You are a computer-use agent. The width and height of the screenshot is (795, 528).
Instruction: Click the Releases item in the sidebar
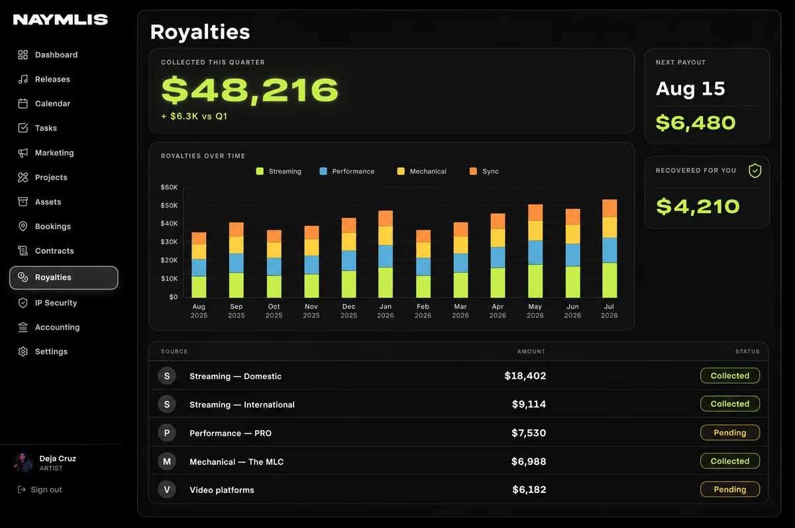pyautogui.click(x=44, y=79)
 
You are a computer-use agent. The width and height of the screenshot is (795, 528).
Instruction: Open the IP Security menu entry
pyautogui.click(x=47, y=303)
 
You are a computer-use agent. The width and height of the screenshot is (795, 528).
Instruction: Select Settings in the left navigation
pyautogui.click(x=42, y=351)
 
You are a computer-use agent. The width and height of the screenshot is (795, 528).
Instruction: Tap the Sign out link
pyautogui.click(x=40, y=490)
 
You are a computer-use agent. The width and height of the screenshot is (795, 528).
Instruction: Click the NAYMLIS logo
pyautogui.click(x=60, y=19)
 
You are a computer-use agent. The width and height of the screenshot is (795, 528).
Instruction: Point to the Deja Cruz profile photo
pyautogui.click(x=23, y=462)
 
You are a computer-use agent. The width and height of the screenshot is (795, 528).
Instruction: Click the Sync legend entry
pyautogui.click(x=484, y=172)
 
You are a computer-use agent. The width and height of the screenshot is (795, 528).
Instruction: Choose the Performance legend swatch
pyautogui.click(x=323, y=172)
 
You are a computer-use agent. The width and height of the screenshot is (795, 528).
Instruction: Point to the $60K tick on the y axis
pyautogui.click(x=169, y=187)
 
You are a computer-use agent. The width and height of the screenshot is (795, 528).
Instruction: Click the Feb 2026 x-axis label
pyautogui.click(x=423, y=311)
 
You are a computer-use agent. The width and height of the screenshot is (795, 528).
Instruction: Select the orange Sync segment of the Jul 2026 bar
pyautogui.click(x=609, y=208)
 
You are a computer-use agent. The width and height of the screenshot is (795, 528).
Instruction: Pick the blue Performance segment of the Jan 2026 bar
pyautogui.click(x=386, y=256)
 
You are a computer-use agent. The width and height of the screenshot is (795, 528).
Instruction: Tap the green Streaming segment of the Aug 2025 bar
pyautogui.click(x=199, y=287)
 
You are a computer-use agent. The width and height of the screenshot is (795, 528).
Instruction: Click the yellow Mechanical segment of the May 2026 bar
pyautogui.click(x=535, y=231)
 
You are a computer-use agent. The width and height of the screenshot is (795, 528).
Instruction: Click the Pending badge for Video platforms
pyautogui.click(x=730, y=490)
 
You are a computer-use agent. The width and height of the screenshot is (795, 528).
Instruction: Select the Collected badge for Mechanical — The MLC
pyautogui.click(x=730, y=461)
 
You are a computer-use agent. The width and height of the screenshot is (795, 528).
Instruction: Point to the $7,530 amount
pyautogui.click(x=529, y=433)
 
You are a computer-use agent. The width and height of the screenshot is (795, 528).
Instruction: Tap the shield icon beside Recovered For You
pyautogui.click(x=755, y=171)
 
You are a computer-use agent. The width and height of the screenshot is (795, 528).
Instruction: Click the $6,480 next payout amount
pyautogui.click(x=696, y=123)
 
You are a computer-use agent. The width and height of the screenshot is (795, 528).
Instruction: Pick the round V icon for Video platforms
pyautogui.click(x=167, y=490)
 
